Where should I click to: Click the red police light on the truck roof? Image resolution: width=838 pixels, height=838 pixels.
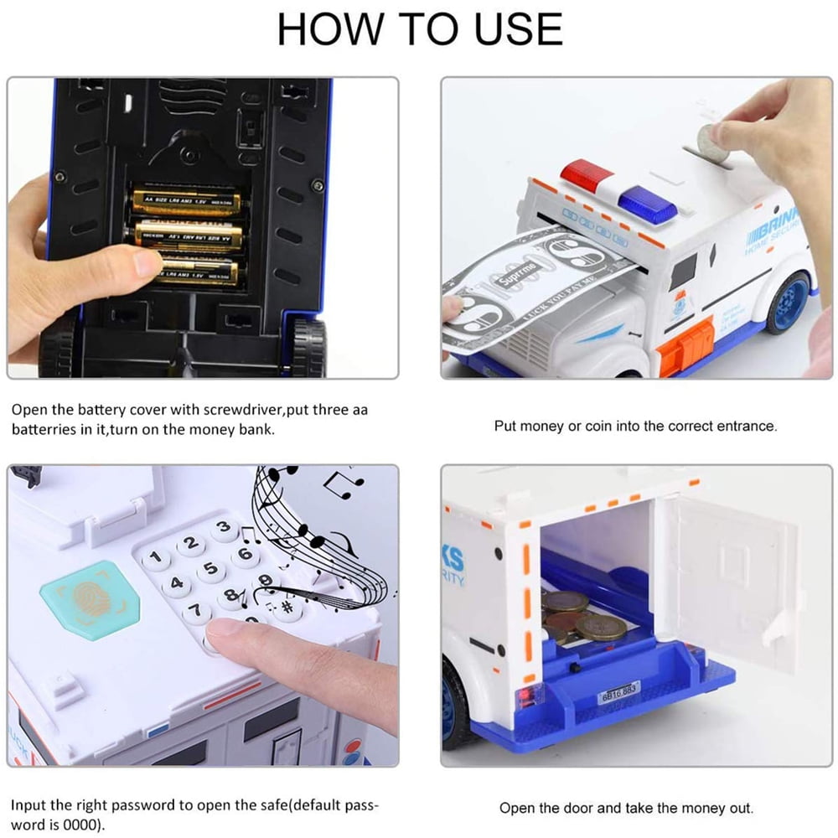tap(587, 174)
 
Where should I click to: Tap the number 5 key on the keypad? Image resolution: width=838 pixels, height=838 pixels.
tap(211, 572)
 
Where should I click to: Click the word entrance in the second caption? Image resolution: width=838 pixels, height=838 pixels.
tap(745, 427)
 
